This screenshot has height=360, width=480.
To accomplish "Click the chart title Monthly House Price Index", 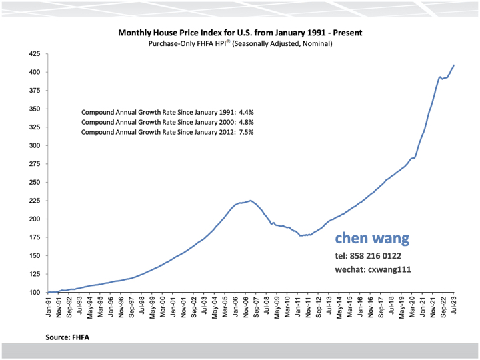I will (240, 32).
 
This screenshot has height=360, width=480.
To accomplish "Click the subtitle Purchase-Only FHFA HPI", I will (239, 43).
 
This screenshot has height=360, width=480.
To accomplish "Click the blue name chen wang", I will (372, 238).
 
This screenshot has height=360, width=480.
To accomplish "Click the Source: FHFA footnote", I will (67, 338).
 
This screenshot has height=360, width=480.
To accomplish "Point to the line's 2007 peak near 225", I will (250, 200).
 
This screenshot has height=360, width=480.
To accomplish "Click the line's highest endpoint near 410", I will (454, 65).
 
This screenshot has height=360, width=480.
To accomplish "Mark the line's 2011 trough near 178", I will (301, 235).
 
